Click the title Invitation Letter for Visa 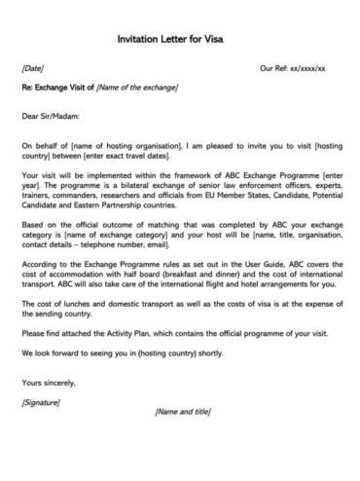[179, 41]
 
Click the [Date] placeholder [32, 69]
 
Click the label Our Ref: [276, 69]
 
